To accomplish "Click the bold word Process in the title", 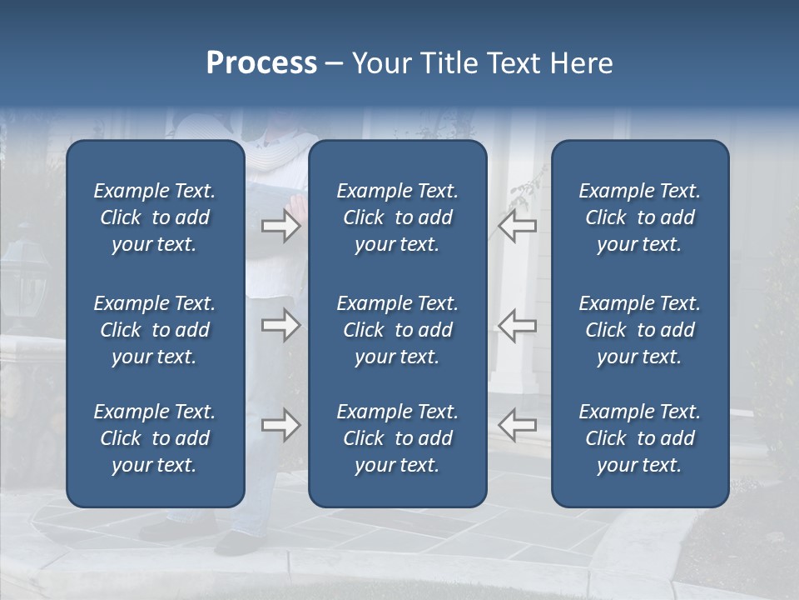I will [x=261, y=63].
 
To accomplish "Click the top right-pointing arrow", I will [x=280, y=226].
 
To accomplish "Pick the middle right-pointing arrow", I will [x=280, y=325].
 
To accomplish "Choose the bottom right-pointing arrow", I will [x=280, y=425].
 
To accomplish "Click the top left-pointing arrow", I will [x=517, y=226].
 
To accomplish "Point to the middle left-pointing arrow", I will [x=517, y=325].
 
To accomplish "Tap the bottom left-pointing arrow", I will [x=517, y=425].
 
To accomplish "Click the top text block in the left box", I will [x=155, y=217].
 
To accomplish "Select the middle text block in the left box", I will [x=155, y=330].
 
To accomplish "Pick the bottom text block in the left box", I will [x=155, y=438].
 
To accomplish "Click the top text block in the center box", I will [x=398, y=217].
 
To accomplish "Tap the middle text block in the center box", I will [x=398, y=330].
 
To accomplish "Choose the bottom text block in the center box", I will [x=398, y=438].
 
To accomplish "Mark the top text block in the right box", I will [x=640, y=217].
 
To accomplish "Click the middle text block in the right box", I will [x=640, y=330].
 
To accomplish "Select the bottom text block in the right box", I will [x=640, y=438].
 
